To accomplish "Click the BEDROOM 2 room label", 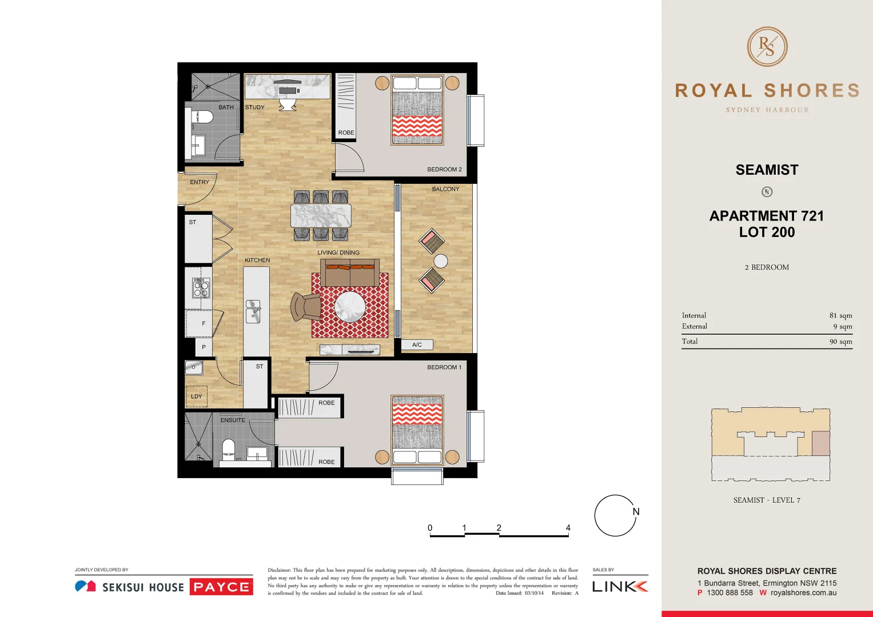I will [x=444, y=170].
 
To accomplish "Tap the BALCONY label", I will [x=445, y=189].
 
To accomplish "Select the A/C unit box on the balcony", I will [x=417, y=344].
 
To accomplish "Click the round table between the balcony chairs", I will [x=440, y=261].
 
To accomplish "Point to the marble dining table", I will [x=321, y=216].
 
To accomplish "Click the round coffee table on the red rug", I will [x=349, y=307].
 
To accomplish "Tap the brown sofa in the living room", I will [x=349, y=271].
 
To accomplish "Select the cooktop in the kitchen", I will [x=201, y=287].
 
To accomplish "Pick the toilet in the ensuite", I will [x=228, y=448].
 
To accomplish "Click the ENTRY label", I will [x=200, y=182].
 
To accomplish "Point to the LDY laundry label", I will [x=197, y=396].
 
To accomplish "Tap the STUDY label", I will [x=255, y=107].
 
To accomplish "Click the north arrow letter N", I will [x=636, y=512].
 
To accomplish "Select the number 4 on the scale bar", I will [x=568, y=528].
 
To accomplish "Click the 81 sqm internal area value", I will [x=840, y=315].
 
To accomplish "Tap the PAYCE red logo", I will [x=221, y=587].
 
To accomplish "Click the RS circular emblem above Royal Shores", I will [x=767, y=47].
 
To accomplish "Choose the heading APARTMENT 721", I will [x=767, y=216].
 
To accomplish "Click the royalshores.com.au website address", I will [x=803, y=593].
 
